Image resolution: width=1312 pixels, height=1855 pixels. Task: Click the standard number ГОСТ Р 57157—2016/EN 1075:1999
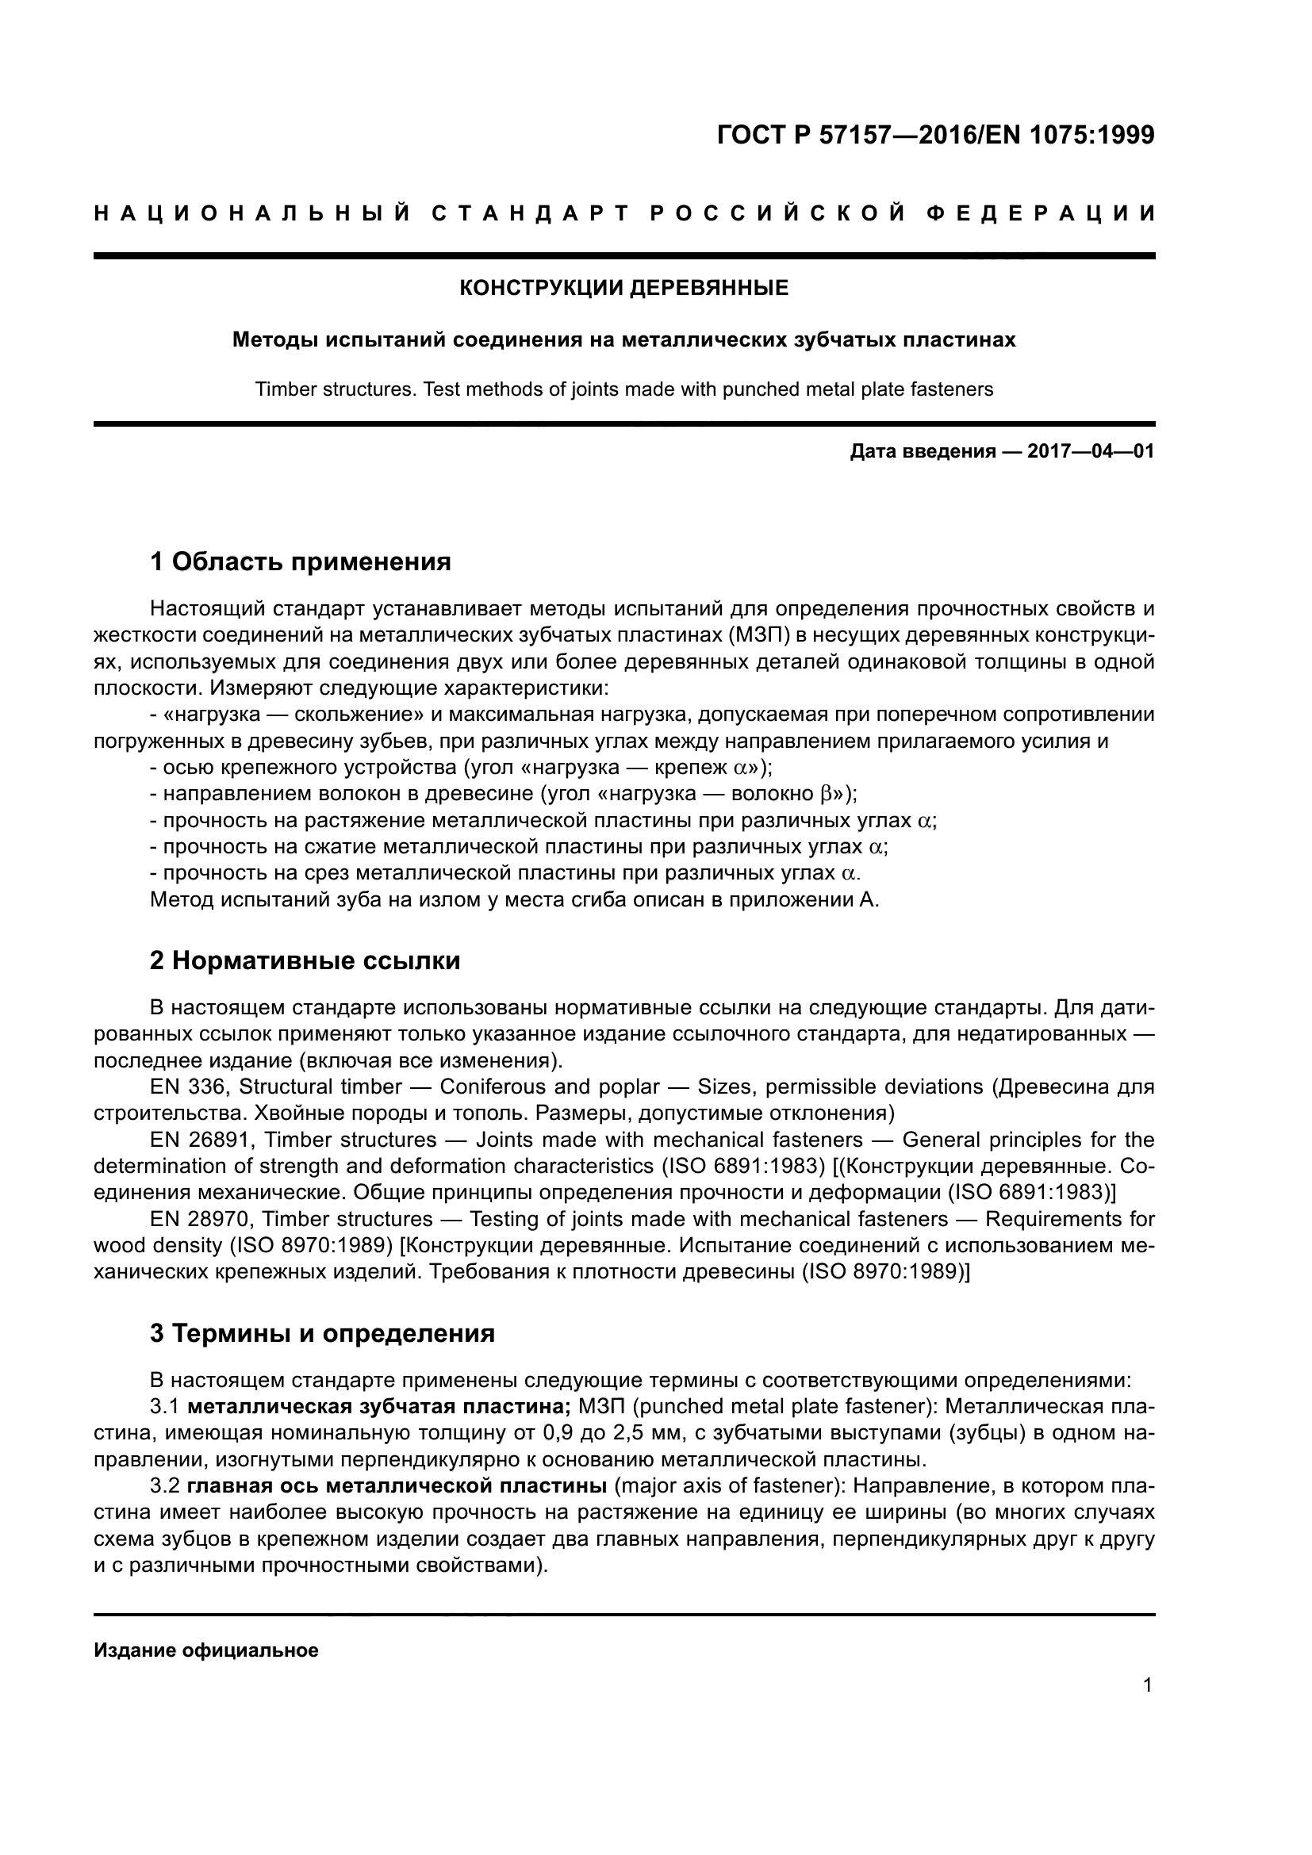(x=935, y=135)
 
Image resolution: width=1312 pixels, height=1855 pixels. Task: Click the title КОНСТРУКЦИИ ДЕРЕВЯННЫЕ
(x=623, y=288)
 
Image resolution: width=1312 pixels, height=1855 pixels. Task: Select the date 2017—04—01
(x=1091, y=451)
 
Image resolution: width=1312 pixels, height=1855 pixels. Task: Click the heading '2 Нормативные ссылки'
(x=305, y=960)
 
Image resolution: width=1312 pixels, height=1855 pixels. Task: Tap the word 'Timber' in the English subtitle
(x=282, y=389)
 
